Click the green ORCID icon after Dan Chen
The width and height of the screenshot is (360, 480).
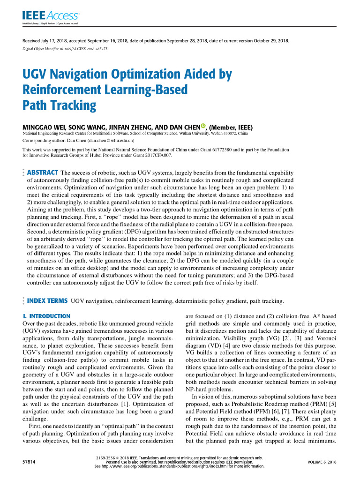(203, 126)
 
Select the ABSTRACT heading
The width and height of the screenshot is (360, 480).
(43, 172)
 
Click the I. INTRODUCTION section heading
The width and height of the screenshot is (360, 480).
(46, 316)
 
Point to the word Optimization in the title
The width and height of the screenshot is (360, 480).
(136, 74)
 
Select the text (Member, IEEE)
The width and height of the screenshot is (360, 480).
(231, 127)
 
